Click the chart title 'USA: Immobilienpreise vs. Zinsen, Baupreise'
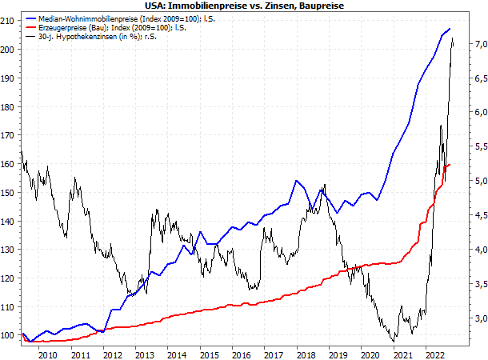pos(244,6)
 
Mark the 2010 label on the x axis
pos(47,354)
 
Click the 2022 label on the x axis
pos(434,354)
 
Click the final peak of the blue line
pos(449,29)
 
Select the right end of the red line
pos(450,165)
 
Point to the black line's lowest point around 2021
pos(394,342)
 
